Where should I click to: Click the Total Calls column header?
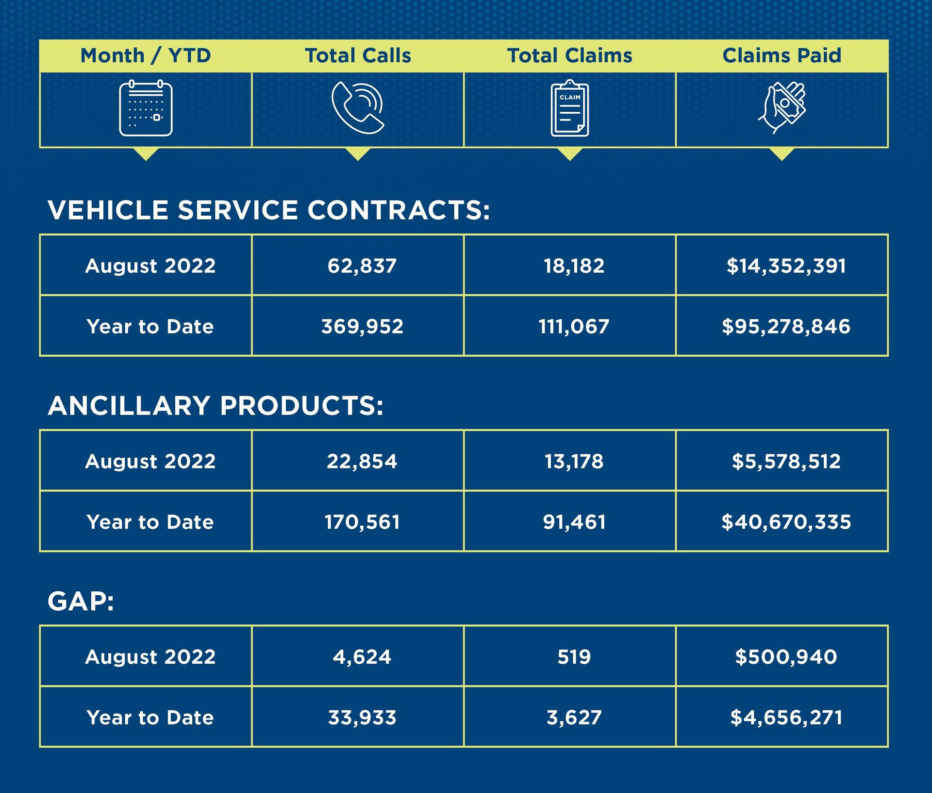click(358, 55)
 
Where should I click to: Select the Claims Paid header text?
click(782, 55)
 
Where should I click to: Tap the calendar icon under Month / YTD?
click(146, 108)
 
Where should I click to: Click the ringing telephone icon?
click(358, 108)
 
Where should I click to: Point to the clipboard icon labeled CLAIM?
click(569, 108)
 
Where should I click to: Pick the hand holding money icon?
click(782, 107)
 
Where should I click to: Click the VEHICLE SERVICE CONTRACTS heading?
click(269, 210)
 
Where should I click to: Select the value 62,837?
click(362, 266)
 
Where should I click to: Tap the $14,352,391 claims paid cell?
click(786, 266)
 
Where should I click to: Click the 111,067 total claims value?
click(574, 326)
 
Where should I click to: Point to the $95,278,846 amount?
click(786, 326)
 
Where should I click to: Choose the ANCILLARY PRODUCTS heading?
click(216, 406)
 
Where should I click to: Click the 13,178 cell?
click(574, 461)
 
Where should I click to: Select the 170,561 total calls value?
click(362, 522)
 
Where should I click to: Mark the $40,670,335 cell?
click(786, 522)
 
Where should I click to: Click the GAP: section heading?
click(81, 602)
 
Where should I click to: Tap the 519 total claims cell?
click(574, 657)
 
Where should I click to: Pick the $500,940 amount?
click(786, 657)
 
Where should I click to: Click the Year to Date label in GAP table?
click(150, 718)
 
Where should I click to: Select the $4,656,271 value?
click(786, 718)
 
